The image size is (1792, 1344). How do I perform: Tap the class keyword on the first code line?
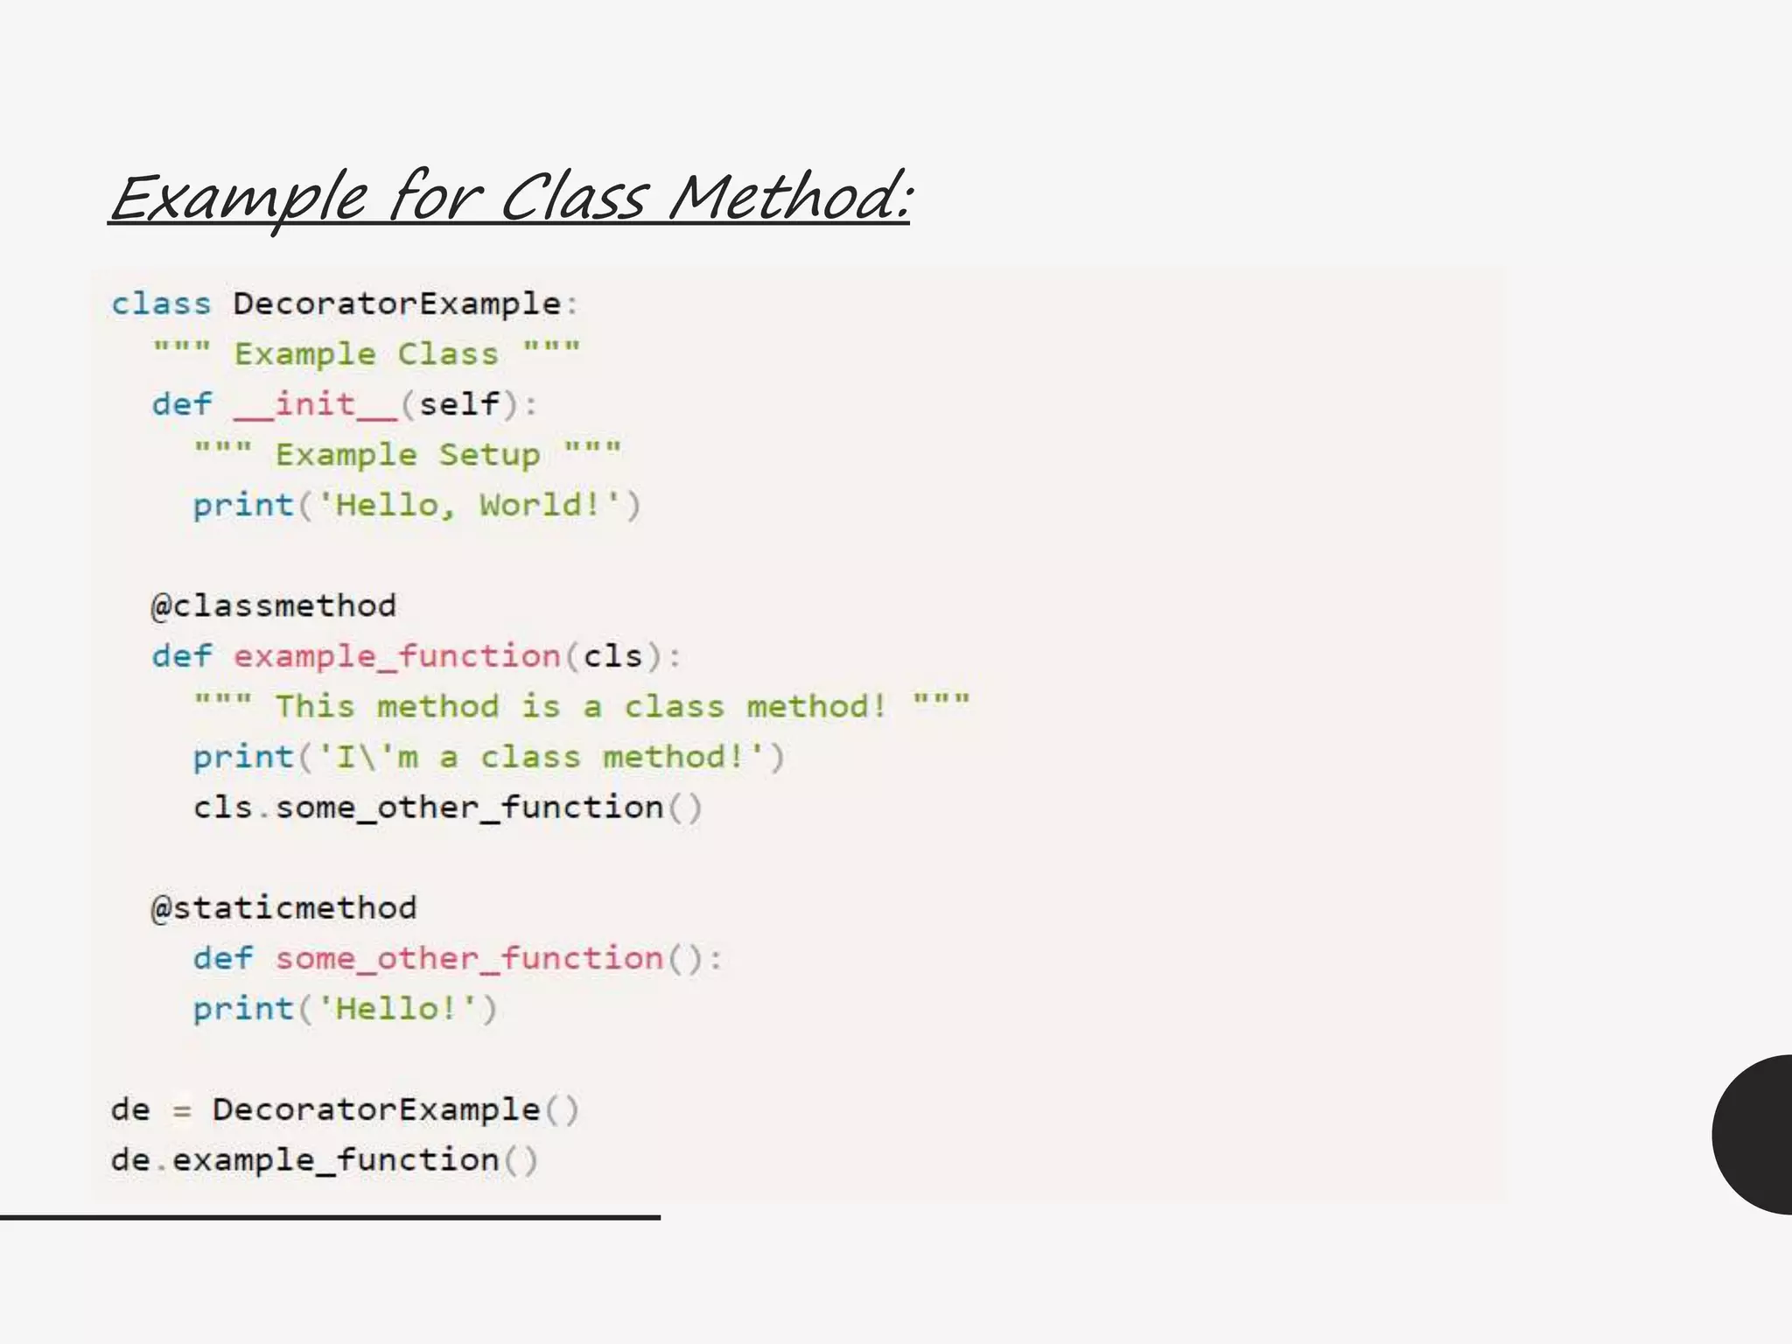point(161,304)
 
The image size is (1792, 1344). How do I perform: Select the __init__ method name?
point(315,404)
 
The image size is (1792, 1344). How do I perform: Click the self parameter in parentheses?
point(459,404)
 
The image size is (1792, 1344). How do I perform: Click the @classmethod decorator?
point(274,605)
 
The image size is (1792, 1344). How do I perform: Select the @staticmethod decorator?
point(283,907)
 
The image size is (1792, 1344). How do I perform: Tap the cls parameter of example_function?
point(612,656)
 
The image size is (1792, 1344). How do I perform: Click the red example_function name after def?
point(397,656)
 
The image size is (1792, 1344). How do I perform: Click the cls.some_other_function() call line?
point(447,807)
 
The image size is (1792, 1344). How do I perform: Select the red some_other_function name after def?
point(470,958)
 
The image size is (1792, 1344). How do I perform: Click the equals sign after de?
point(181,1110)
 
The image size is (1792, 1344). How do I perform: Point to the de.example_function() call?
point(325,1160)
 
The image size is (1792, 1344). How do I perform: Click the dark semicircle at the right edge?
point(1754,1134)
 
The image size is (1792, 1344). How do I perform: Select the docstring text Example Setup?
point(408,455)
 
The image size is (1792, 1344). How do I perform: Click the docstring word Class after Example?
point(448,354)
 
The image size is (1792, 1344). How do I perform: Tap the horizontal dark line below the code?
point(330,1217)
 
